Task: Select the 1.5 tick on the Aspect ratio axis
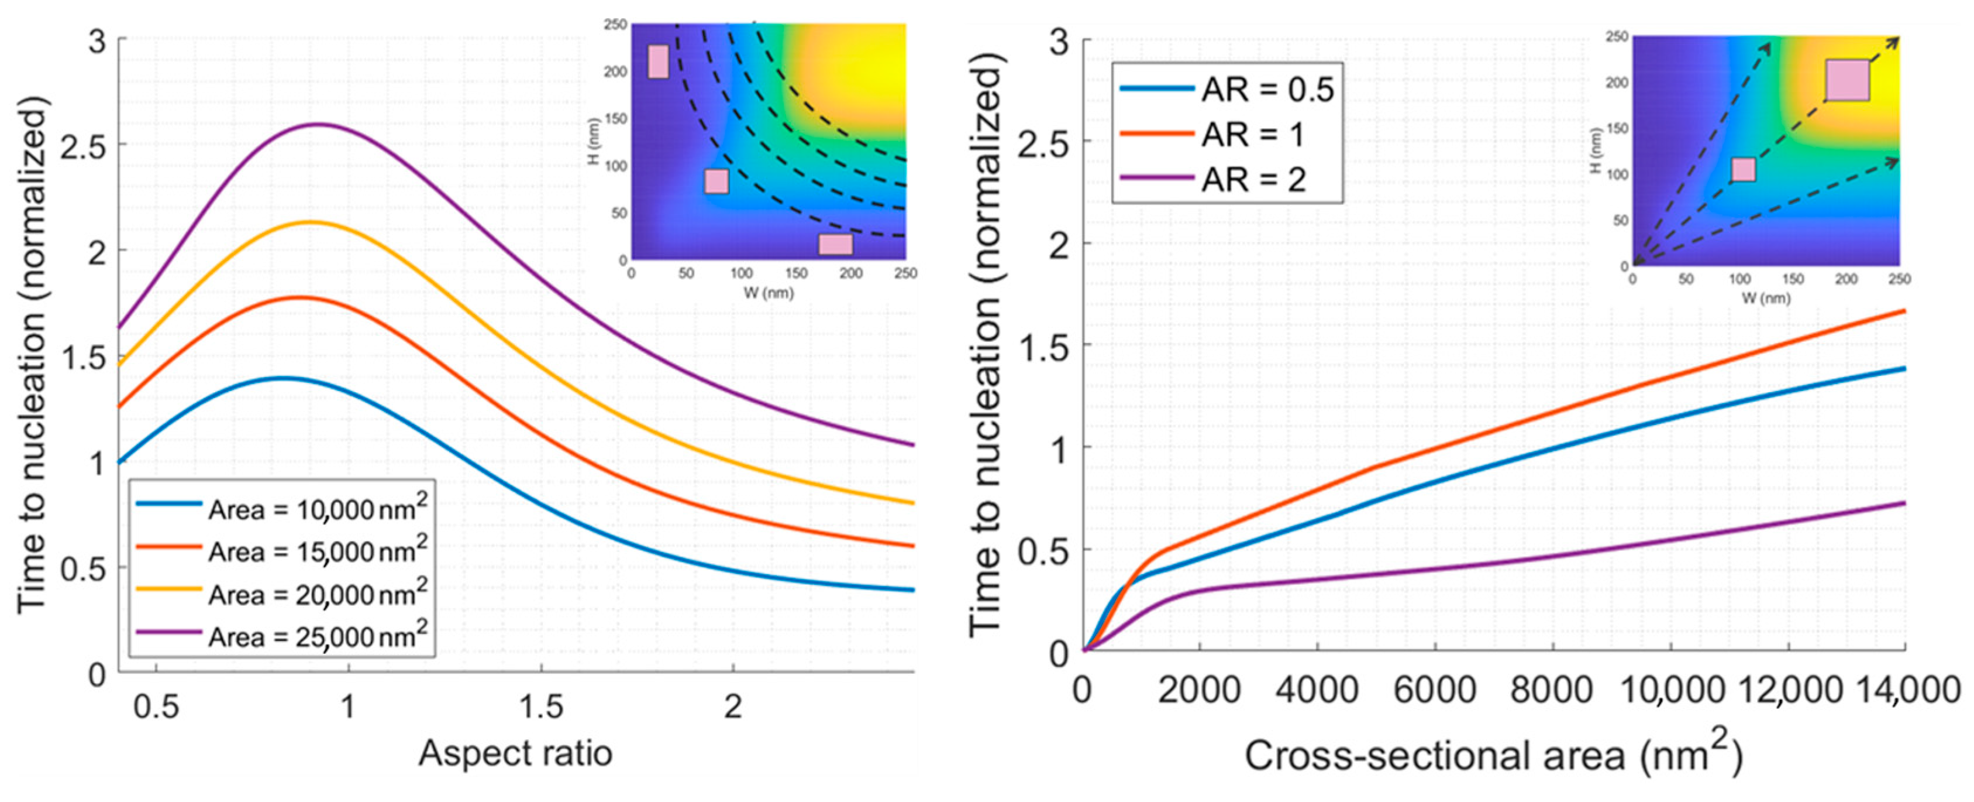(x=541, y=706)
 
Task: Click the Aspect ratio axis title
(x=515, y=753)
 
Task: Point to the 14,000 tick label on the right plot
(x=1907, y=691)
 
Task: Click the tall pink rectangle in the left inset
(x=658, y=61)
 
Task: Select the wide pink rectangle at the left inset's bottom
(x=835, y=245)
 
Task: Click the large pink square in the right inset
(x=1847, y=81)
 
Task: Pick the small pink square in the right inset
(x=1744, y=169)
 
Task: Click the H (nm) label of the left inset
(x=597, y=134)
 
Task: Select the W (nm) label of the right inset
(x=1765, y=297)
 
